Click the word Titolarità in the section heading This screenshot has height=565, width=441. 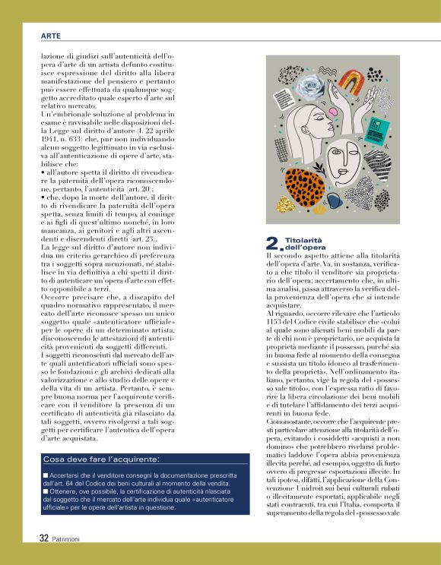pyautogui.click(x=301, y=239)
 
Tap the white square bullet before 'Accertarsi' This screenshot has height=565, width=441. pyautogui.click(x=46, y=474)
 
